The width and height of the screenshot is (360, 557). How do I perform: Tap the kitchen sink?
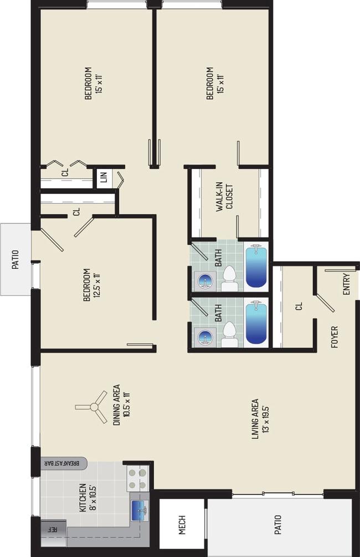[x=140, y=508]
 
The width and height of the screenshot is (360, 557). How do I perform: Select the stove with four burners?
[x=138, y=478]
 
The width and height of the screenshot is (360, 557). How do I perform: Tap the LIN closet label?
[x=103, y=178]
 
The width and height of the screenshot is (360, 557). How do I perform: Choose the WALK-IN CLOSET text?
[x=224, y=205]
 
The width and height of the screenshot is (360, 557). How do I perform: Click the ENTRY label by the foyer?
[x=347, y=285]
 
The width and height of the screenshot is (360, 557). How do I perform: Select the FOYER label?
[x=335, y=337]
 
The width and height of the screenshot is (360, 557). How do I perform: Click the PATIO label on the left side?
[x=16, y=259]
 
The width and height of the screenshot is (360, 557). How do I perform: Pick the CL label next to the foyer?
[x=299, y=306]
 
